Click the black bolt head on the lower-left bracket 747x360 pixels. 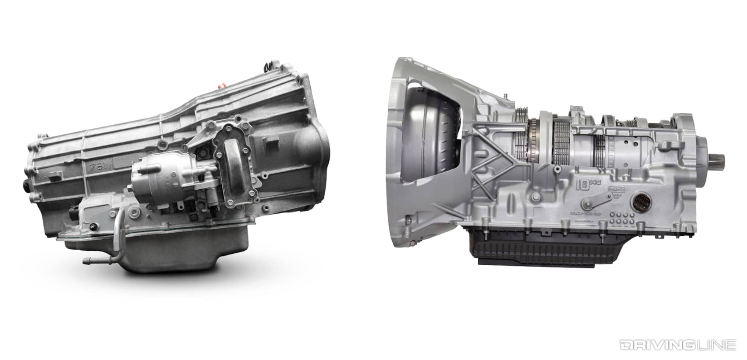pos(93,227)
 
